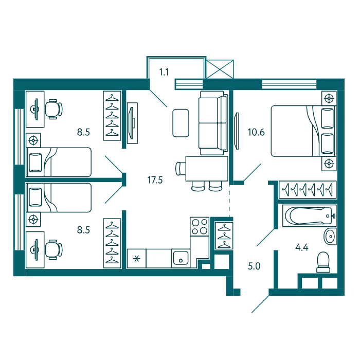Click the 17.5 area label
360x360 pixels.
click(155, 180)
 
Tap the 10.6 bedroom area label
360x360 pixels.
click(256, 132)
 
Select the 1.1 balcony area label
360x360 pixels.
click(164, 72)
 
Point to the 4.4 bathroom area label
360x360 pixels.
click(302, 247)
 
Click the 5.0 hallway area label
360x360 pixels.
click(254, 266)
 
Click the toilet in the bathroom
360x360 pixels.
click(323, 262)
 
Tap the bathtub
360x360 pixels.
click(309, 216)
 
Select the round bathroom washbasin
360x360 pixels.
click(330, 236)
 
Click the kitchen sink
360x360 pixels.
click(181, 258)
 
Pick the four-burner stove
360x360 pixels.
click(200, 227)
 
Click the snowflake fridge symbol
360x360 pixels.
click(137, 259)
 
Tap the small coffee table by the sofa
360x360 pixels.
click(181, 123)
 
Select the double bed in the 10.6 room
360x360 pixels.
click(303, 131)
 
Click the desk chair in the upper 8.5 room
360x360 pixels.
click(53, 109)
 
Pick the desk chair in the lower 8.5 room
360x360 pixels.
click(53, 250)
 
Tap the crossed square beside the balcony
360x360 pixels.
click(220, 69)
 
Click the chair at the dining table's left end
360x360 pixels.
click(181, 169)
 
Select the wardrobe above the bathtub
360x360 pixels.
click(308, 190)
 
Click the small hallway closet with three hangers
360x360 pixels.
click(224, 236)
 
